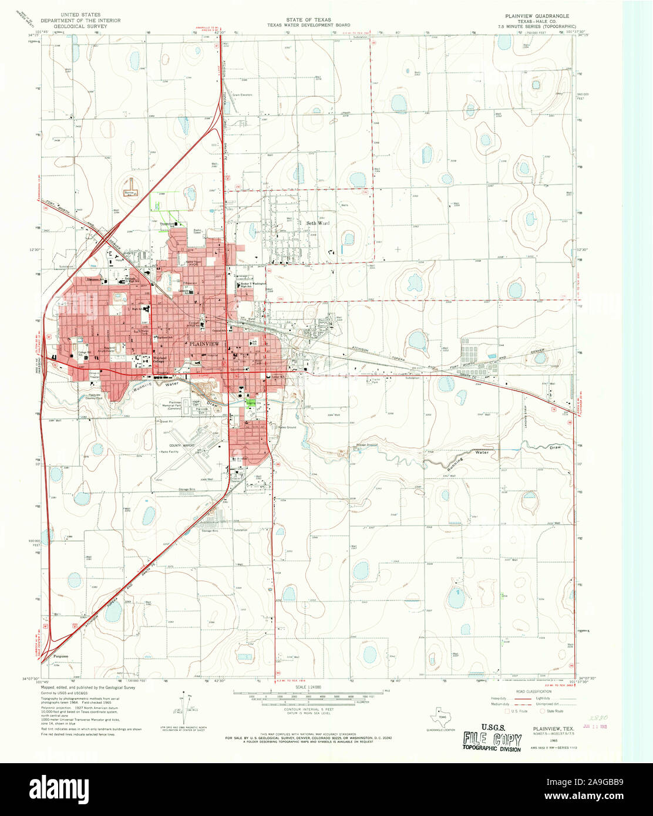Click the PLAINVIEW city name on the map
click(x=203, y=343)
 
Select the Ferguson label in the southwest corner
click(x=61, y=656)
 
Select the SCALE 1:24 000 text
click(x=309, y=687)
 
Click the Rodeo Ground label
click(x=287, y=427)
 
